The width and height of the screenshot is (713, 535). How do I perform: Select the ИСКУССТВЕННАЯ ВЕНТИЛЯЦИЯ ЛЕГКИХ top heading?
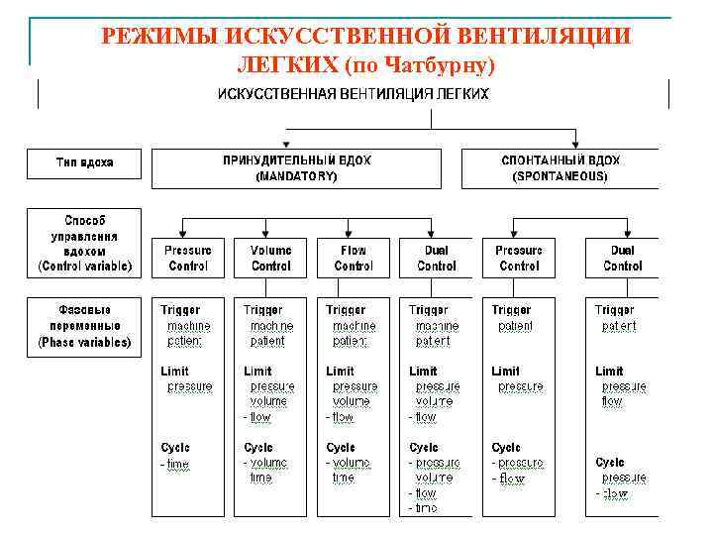353,94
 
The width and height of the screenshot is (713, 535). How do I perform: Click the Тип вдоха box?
83,161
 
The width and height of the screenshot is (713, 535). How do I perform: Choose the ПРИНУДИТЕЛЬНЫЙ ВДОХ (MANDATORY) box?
296,167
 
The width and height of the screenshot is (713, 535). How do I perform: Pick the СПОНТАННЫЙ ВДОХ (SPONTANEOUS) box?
560,167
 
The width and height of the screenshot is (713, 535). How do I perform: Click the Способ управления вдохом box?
83,243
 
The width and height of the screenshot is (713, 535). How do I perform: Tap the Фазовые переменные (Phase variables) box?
83,325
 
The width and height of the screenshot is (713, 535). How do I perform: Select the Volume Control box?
270,258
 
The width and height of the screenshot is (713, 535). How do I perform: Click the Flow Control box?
354,258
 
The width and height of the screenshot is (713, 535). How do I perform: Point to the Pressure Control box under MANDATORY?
188,258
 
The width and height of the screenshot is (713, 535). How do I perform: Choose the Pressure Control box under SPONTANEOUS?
519,258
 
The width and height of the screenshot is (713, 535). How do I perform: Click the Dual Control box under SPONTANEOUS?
622,258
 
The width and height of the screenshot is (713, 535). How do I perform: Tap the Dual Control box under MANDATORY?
437,258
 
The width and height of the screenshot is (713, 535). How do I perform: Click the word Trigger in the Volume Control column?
263,310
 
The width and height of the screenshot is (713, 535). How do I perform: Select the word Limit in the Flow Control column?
341,371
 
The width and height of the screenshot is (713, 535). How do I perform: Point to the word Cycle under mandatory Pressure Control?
175,448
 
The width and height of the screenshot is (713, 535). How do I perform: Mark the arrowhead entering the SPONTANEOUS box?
574,144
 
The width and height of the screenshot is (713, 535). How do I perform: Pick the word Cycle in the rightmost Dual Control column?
610,462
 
